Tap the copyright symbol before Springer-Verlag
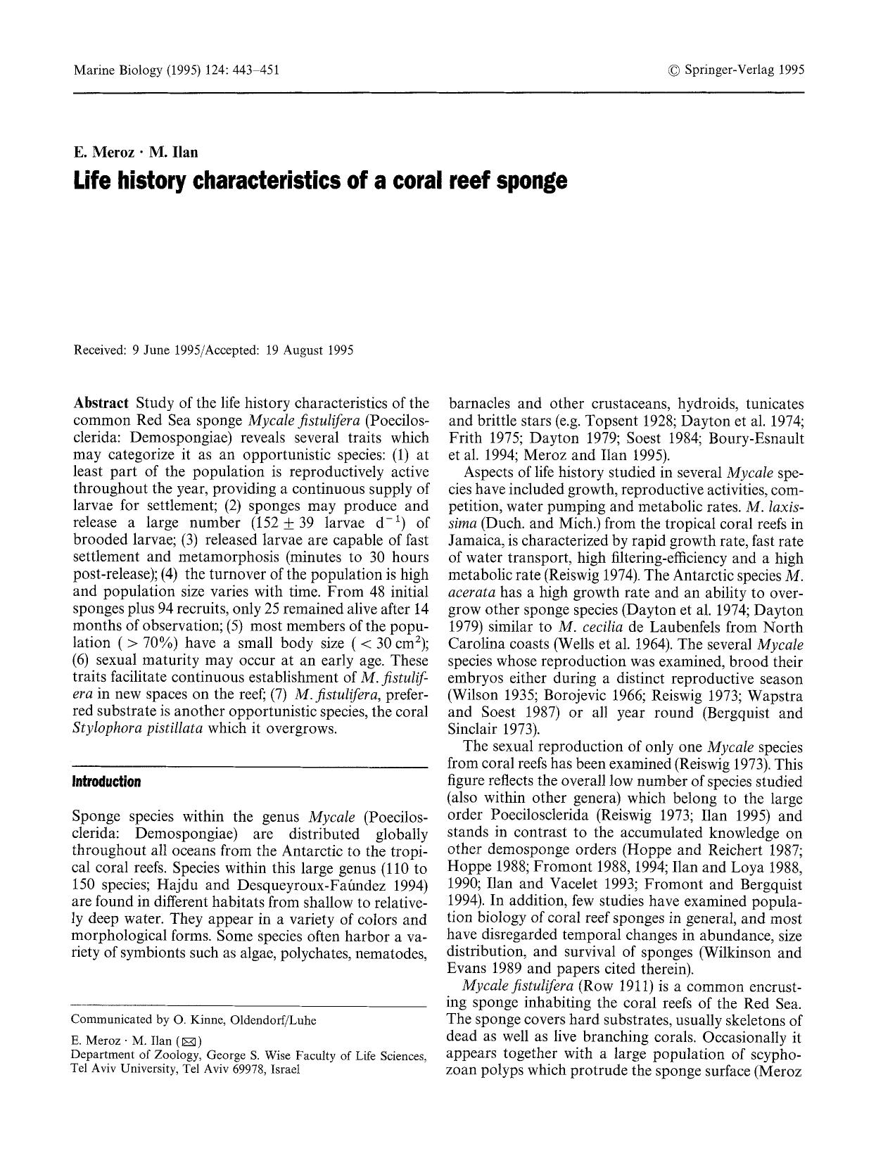tap(674, 70)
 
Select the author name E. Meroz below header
tap(103, 152)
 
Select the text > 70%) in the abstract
tap(151, 643)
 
